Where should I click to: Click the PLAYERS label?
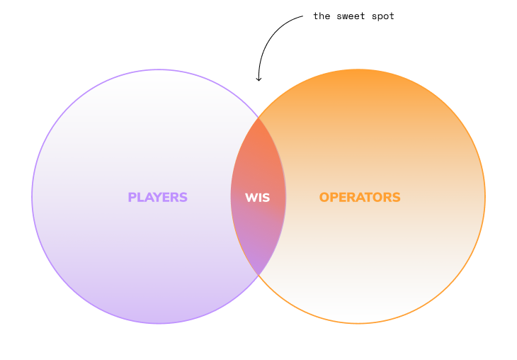point(158,197)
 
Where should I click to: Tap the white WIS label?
point(258,198)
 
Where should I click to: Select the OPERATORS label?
point(360,197)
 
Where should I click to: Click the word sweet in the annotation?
point(351,16)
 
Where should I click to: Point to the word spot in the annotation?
point(383,17)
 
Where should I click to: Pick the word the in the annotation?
point(322,16)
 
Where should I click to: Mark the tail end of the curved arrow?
point(302,16)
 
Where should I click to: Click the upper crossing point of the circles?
point(258,118)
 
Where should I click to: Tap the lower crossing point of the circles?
point(258,275)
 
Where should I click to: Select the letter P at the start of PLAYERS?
point(132,197)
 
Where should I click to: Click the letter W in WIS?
point(251,198)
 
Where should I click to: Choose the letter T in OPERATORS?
point(373,197)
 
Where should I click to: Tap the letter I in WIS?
point(260,198)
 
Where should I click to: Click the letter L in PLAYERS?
point(140,197)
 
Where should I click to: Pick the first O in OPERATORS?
point(324,197)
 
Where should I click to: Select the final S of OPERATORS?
point(397,197)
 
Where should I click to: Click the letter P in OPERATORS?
point(334,197)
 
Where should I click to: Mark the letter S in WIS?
point(266,198)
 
